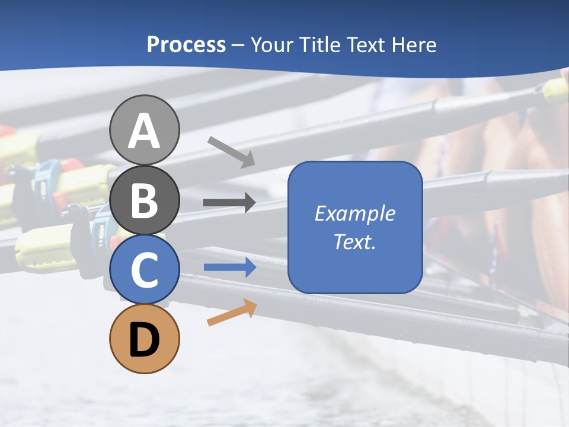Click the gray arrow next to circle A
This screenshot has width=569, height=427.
pyautogui.click(x=231, y=152)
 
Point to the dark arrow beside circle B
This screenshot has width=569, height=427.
pyautogui.click(x=229, y=203)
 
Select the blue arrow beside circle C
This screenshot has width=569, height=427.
pyautogui.click(x=230, y=267)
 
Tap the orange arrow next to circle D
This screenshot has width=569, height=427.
pyautogui.click(x=232, y=313)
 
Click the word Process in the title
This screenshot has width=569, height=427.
pyautogui.click(x=186, y=45)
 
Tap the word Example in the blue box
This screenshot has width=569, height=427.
pyautogui.click(x=355, y=213)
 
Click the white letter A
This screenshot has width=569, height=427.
pyautogui.click(x=145, y=132)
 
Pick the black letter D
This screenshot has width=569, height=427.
pyautogui.click(x=145, y=340)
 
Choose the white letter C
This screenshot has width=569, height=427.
pyautogui.click(x=145, y=270)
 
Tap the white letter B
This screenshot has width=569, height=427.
pyautogui.click(x=145, y=202)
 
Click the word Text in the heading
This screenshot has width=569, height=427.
pyautogui.click(x=366, y=45)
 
